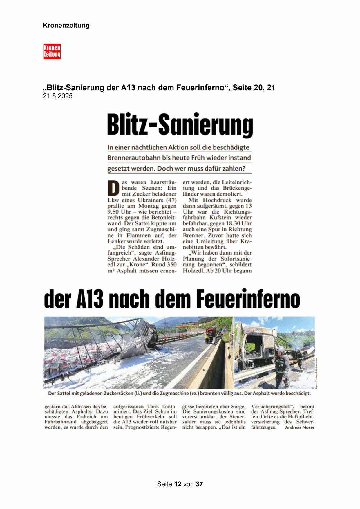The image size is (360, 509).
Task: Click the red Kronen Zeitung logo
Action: click(52, 51)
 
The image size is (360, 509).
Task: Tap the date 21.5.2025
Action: click(57, 96)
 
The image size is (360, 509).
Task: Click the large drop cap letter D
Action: click(113, 188)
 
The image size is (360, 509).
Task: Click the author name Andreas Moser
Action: click(300, 427)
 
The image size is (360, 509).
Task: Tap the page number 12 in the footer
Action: click(178, 484)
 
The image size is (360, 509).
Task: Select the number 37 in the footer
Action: click(199, 484)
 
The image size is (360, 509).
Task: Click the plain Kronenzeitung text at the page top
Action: click(66, 25)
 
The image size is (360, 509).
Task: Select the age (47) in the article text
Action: click(171, 200)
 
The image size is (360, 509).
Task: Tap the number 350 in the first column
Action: click(172, 265)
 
